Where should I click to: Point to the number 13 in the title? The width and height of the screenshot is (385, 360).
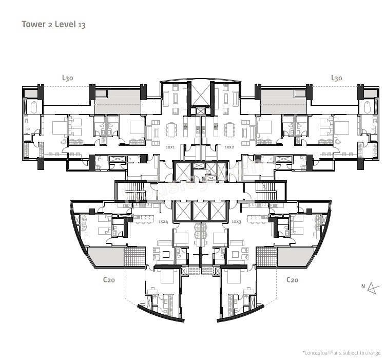(82, 25)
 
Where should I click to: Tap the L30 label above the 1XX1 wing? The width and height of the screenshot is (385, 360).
(67, 78)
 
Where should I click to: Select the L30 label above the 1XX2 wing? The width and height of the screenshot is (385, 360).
(336, 78)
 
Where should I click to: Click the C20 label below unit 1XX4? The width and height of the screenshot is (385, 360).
(109, 280)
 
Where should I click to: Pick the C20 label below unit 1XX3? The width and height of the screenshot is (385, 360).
(292, 280)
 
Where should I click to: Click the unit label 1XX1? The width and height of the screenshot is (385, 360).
(170, 147)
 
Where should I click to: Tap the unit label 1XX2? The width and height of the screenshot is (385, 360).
(229, 147)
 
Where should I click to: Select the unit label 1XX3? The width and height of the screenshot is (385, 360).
(236, 222)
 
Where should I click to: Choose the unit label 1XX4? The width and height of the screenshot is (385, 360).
(163, 222)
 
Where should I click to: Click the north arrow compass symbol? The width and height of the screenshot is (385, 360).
(374, 288)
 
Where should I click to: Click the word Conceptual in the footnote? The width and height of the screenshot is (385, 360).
(319, 353)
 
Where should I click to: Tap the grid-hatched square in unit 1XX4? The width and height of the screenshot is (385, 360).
(136, 257)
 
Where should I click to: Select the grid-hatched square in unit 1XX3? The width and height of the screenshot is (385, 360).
(266, 257)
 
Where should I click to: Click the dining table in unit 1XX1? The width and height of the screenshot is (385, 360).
(171, 130)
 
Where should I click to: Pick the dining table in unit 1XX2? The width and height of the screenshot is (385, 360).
(229, 130)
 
